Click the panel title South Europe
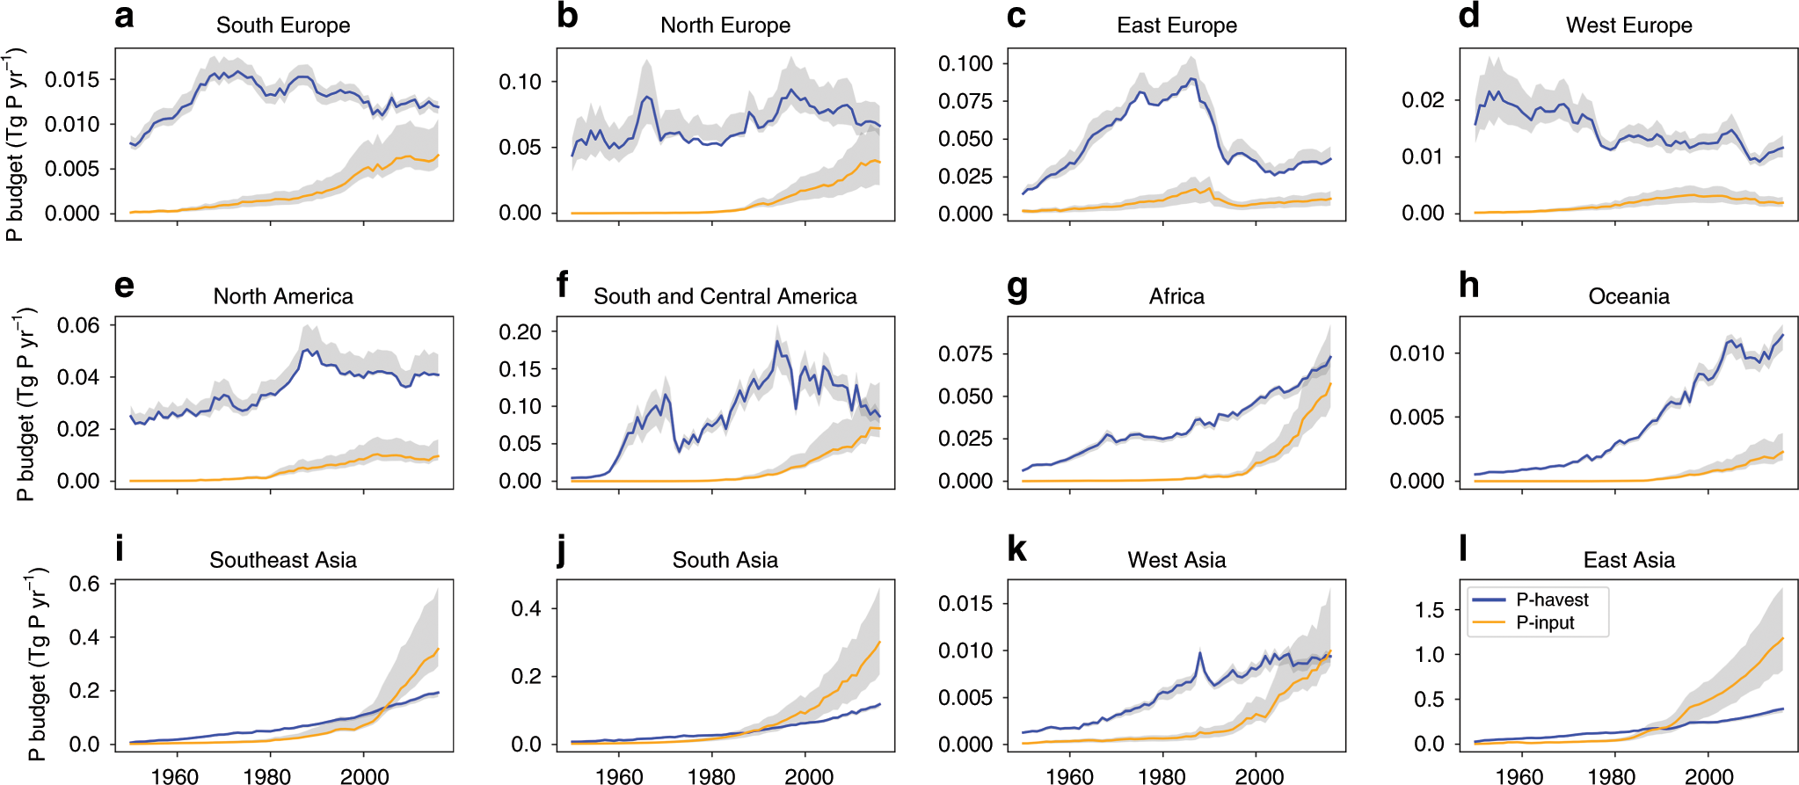point(283,25)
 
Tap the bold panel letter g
point(1017,287)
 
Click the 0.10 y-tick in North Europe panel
point(520,82)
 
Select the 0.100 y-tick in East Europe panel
point(965,63)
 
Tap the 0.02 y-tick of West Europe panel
point(1423,100)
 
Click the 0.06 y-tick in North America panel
point(78,325)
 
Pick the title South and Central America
point(725,296)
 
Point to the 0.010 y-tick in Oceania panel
point(1417,353)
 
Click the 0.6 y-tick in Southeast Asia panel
point(84,584)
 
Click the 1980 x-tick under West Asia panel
point(1162,775)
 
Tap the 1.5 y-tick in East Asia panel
point(1429,610)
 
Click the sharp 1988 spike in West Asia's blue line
point(1199,652)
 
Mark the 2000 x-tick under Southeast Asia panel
point(364,775)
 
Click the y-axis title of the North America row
point(25,404)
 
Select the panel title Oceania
point(1628,296)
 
